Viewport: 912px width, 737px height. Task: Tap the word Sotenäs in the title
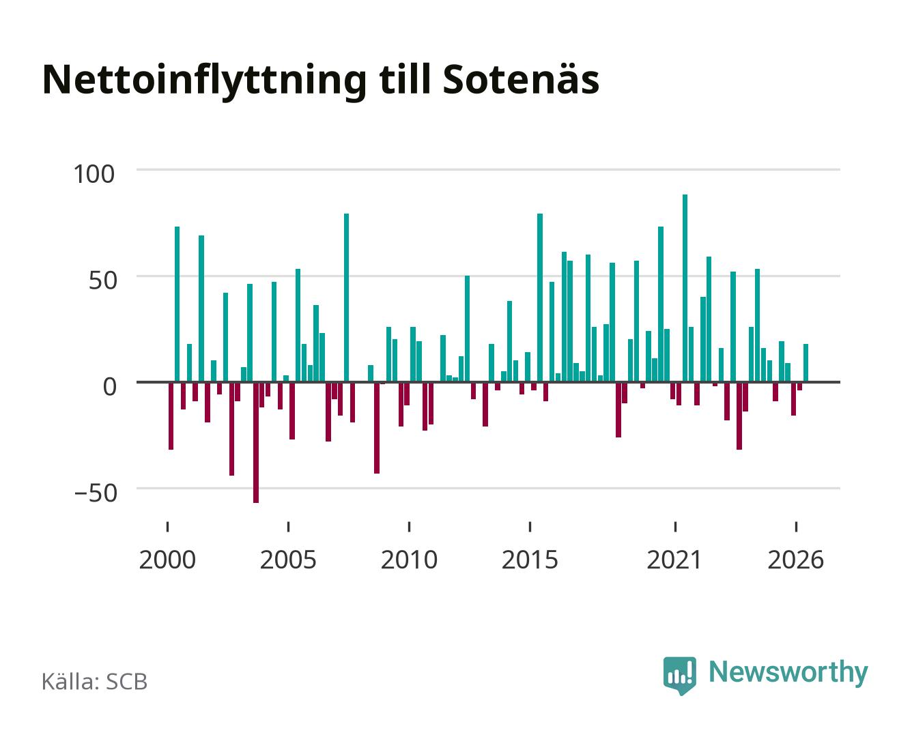click(521, 80)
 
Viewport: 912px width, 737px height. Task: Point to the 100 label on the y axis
click(94, 174)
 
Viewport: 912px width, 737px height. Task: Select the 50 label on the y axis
click(102, 280)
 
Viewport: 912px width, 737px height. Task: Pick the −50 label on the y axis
click(96, 493)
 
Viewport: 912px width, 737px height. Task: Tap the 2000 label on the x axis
click(167, 560)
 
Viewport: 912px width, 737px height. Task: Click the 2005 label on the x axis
click(288, 560)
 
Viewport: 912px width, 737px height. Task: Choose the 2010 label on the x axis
click(409, 560)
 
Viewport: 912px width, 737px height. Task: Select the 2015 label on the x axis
click(530, 560)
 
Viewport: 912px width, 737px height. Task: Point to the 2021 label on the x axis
click(674, 560)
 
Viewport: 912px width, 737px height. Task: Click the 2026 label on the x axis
click(795, 560)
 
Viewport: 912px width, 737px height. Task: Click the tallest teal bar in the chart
click(685, 288)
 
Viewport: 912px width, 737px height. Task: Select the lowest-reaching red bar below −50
click(256, 442)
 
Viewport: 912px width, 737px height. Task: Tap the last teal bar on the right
click(806, 362)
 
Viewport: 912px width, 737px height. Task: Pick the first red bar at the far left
click(171, 416)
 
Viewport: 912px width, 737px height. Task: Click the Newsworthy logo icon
click(679, 676)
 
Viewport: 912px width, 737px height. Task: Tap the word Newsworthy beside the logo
click(788, 673)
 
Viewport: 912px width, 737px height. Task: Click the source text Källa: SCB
click(95, 681)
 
